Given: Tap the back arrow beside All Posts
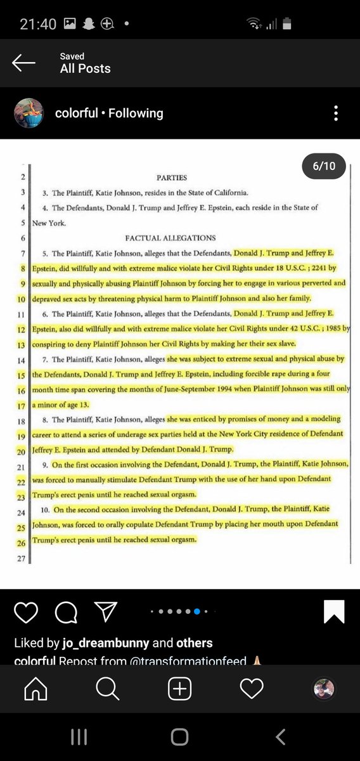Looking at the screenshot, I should coord(23,62).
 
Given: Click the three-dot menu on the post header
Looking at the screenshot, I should coord(336,113).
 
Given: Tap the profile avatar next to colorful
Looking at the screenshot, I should coord(29,113).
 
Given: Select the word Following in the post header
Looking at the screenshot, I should coord(136,114).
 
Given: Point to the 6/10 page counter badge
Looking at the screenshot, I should coord(323,167).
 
